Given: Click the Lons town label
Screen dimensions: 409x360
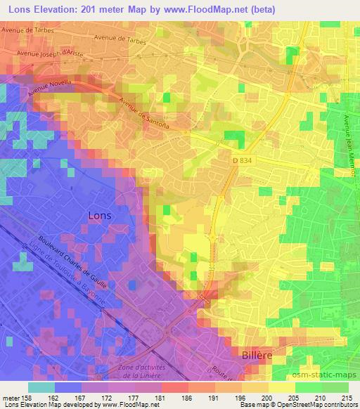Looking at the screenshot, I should tap(100, 216).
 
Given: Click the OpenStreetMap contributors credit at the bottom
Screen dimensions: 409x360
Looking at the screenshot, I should tap(318, 404).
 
